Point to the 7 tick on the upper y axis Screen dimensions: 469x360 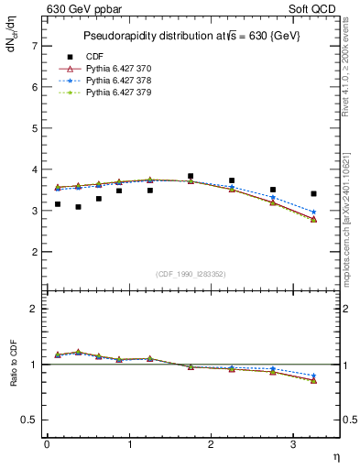[x=34, y=45]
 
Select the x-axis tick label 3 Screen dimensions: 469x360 [x=294, y=444]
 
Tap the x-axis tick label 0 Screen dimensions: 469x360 [x=47, y=444]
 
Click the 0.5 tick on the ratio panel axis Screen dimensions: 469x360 [x=29, y=420]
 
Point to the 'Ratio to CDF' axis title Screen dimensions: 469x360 [x=14, y=377]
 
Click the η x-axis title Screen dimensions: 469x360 [x=336, y=455]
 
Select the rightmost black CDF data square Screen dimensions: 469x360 [x=313, y=193]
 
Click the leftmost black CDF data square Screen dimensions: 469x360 [x=58, y=204]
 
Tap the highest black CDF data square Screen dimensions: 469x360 [x=191, y=176]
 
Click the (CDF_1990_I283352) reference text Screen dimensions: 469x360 [x=191, y=273]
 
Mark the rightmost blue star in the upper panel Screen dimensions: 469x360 [x=313, y=213]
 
